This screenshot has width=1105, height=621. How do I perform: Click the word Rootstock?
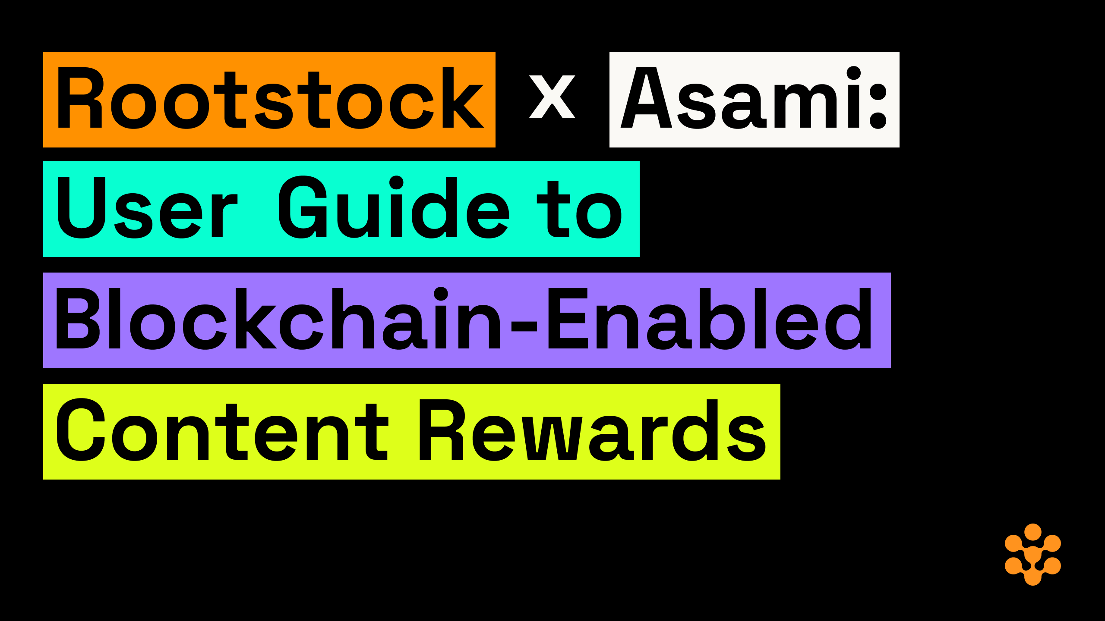pyautogui.click(x=270, y=98)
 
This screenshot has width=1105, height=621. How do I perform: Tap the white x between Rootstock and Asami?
pyautogui.click(x=552, y=97)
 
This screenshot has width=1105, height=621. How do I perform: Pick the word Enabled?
pyautogui.click(x=710, y=319)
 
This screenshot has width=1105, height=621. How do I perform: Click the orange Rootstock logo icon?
pyautogui.click(x=1032, y=555)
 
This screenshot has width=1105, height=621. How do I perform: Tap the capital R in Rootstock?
pyautogui.click(x=80, y=98)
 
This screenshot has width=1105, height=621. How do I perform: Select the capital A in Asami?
pyautogui.click(x=646, y=98)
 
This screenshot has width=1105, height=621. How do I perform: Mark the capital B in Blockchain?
pyautogui.click(x=78, y=319)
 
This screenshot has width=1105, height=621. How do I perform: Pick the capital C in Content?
pyautogui.click(x=81, y=430)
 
